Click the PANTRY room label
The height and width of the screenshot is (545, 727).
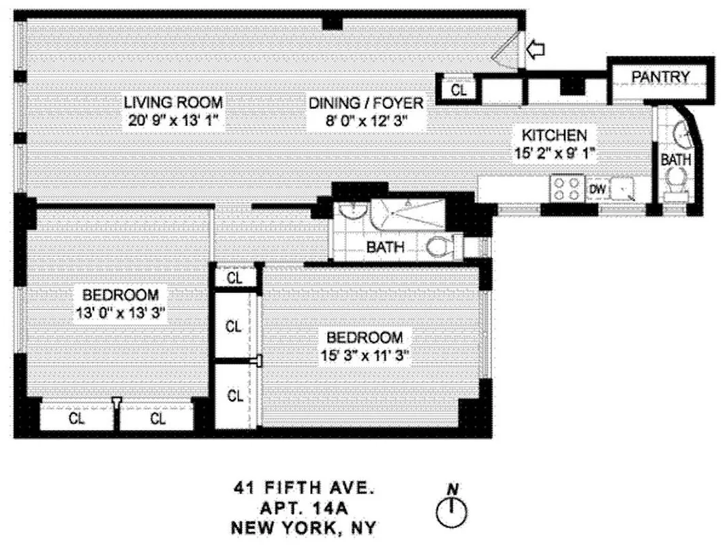(660, 77)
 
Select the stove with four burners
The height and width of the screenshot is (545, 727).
(566, 189)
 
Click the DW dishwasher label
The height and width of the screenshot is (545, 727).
(596, 189)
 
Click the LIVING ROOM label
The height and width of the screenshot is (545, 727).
(173, 103)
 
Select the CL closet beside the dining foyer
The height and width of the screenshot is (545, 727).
(459, 89)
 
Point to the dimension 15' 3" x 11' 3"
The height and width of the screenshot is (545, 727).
(364, 355)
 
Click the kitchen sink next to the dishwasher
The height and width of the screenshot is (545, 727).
(623, 189)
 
